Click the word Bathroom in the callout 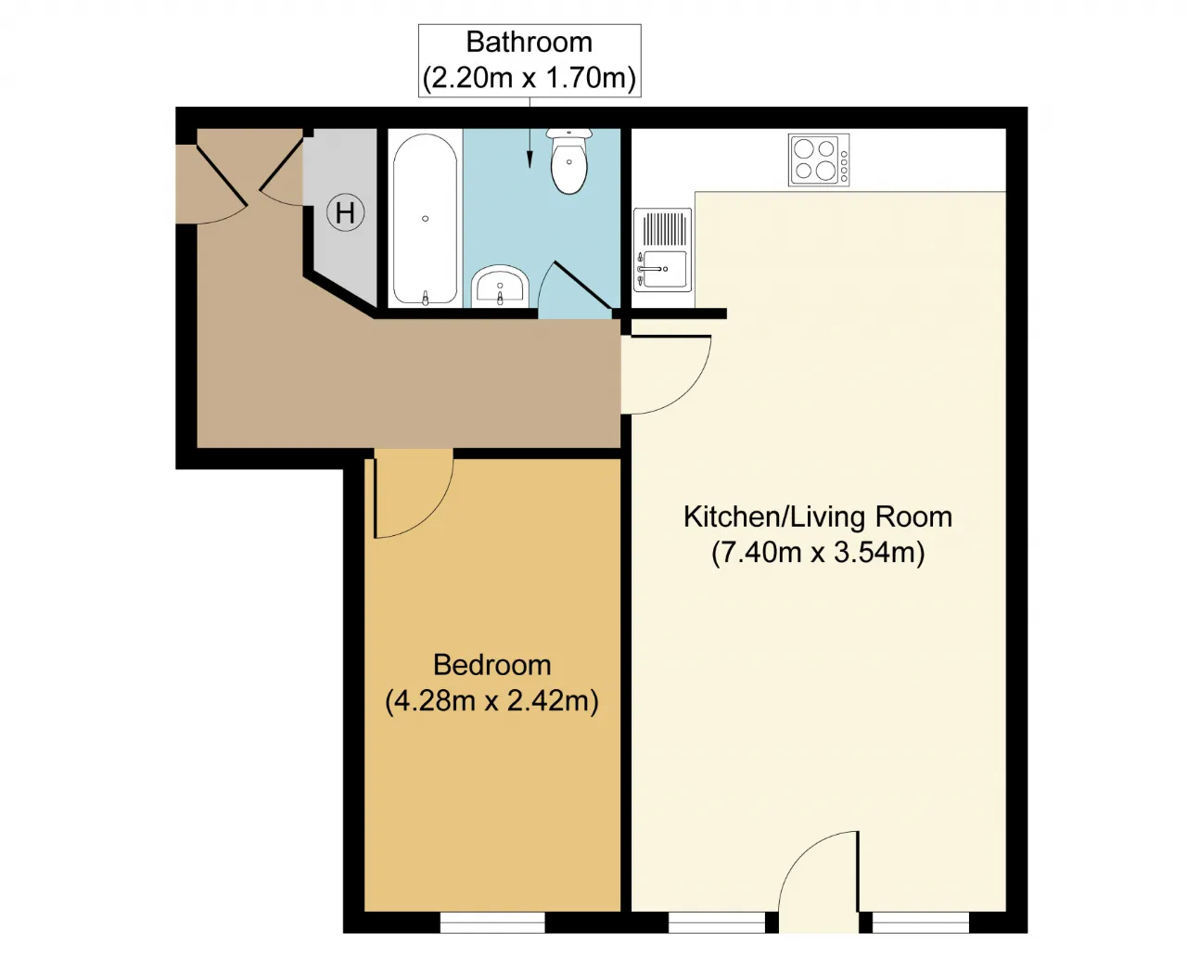point(530,43)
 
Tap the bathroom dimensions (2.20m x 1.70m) point(530,78)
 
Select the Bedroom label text point(491,665)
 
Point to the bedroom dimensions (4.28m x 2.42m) point(491,701)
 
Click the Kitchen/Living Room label point(818,517)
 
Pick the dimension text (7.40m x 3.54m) point(818,552)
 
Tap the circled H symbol point(345,212)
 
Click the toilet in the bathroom point(569,160)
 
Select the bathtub point(425,220)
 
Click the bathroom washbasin point(500,286)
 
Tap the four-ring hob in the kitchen point(818,160)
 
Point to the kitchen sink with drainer point(662,249)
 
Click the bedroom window point(491,922)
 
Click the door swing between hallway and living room point(688,389)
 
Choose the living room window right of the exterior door point(920,922)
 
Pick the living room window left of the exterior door point(717,922)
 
